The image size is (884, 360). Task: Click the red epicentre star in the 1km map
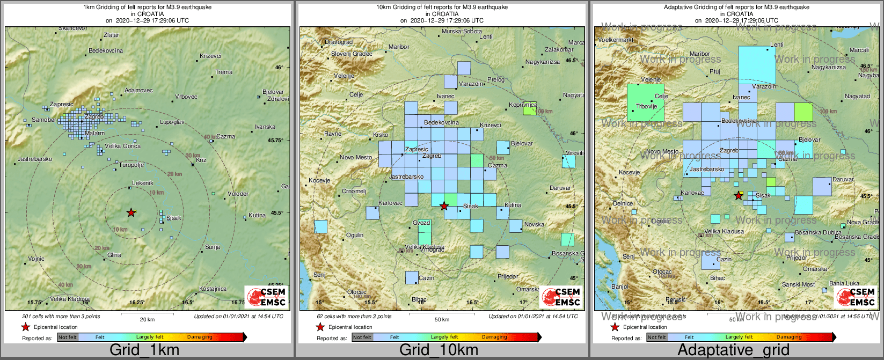point(131,212)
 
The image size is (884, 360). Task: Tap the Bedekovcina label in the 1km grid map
point(106,50)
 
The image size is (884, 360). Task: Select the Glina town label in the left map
point(114,255)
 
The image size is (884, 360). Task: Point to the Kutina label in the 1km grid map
point(257,215)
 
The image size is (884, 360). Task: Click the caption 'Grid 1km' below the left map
point(144,350)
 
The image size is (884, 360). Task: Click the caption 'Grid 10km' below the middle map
point(439,350)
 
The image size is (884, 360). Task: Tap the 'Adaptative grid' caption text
point(733,350)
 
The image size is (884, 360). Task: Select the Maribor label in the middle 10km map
point(399,47)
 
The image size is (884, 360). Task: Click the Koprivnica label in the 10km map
point(523,105)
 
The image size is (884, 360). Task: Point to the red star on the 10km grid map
point(444,206)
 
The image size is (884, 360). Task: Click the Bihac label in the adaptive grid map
point(718,278)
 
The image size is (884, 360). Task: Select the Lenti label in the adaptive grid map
point(777,45)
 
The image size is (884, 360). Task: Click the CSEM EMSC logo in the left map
point(266,297)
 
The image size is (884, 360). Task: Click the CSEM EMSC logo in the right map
point(856,297)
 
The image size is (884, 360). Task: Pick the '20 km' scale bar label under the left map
point(147,320)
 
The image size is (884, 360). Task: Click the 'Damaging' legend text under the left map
point(200,337)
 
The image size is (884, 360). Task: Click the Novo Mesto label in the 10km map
point(356,157)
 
